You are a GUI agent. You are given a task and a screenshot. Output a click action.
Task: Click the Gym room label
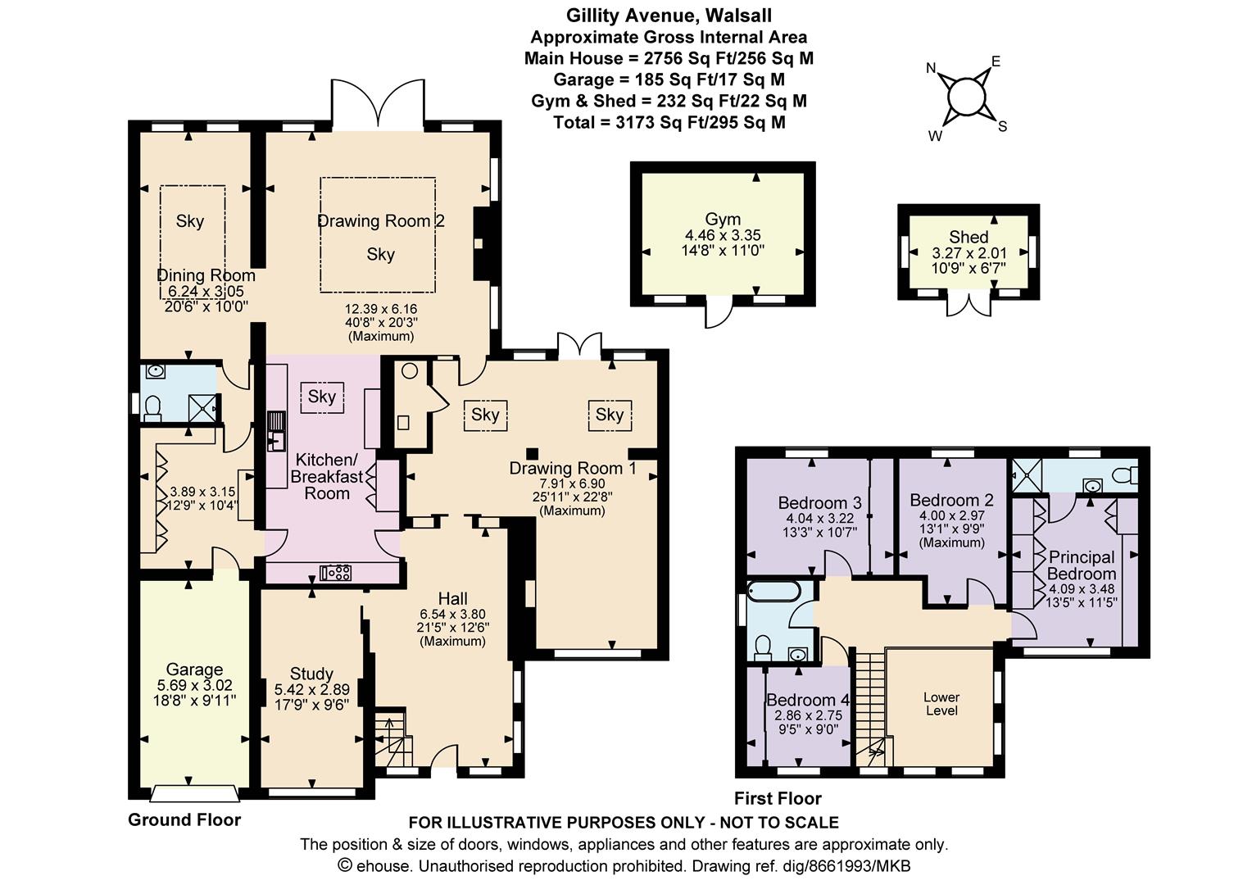(723, 219)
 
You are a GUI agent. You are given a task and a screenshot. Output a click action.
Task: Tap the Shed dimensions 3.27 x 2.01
(968, 253)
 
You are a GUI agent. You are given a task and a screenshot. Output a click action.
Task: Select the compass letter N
(931, 68)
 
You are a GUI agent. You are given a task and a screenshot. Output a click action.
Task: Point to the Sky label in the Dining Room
(189, 220)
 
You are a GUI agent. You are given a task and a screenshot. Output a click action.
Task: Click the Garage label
(194, 669)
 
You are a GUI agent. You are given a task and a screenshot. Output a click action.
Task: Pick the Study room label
(311, 674)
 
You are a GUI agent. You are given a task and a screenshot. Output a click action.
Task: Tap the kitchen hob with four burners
(335, 573)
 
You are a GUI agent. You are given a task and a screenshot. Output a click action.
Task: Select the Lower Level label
(941, 704)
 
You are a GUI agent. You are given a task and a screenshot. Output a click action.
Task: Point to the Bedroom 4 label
(808, 700)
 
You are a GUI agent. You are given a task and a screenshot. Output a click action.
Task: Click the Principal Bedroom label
(1082, 565)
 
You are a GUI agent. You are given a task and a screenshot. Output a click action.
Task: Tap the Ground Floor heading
(184, 820)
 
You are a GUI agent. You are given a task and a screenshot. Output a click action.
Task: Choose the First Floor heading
(778, 798)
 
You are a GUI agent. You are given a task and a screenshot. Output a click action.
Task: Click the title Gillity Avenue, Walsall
(669, 16)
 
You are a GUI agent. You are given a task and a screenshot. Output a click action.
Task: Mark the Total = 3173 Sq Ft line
(669, 122)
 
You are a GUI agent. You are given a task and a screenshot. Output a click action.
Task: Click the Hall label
(453, 599)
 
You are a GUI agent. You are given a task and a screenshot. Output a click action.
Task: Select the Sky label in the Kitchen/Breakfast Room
(321, 397)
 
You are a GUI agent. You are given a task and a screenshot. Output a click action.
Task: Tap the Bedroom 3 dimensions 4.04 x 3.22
(819, 518)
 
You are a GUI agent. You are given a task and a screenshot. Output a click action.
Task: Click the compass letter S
(1002, 127)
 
